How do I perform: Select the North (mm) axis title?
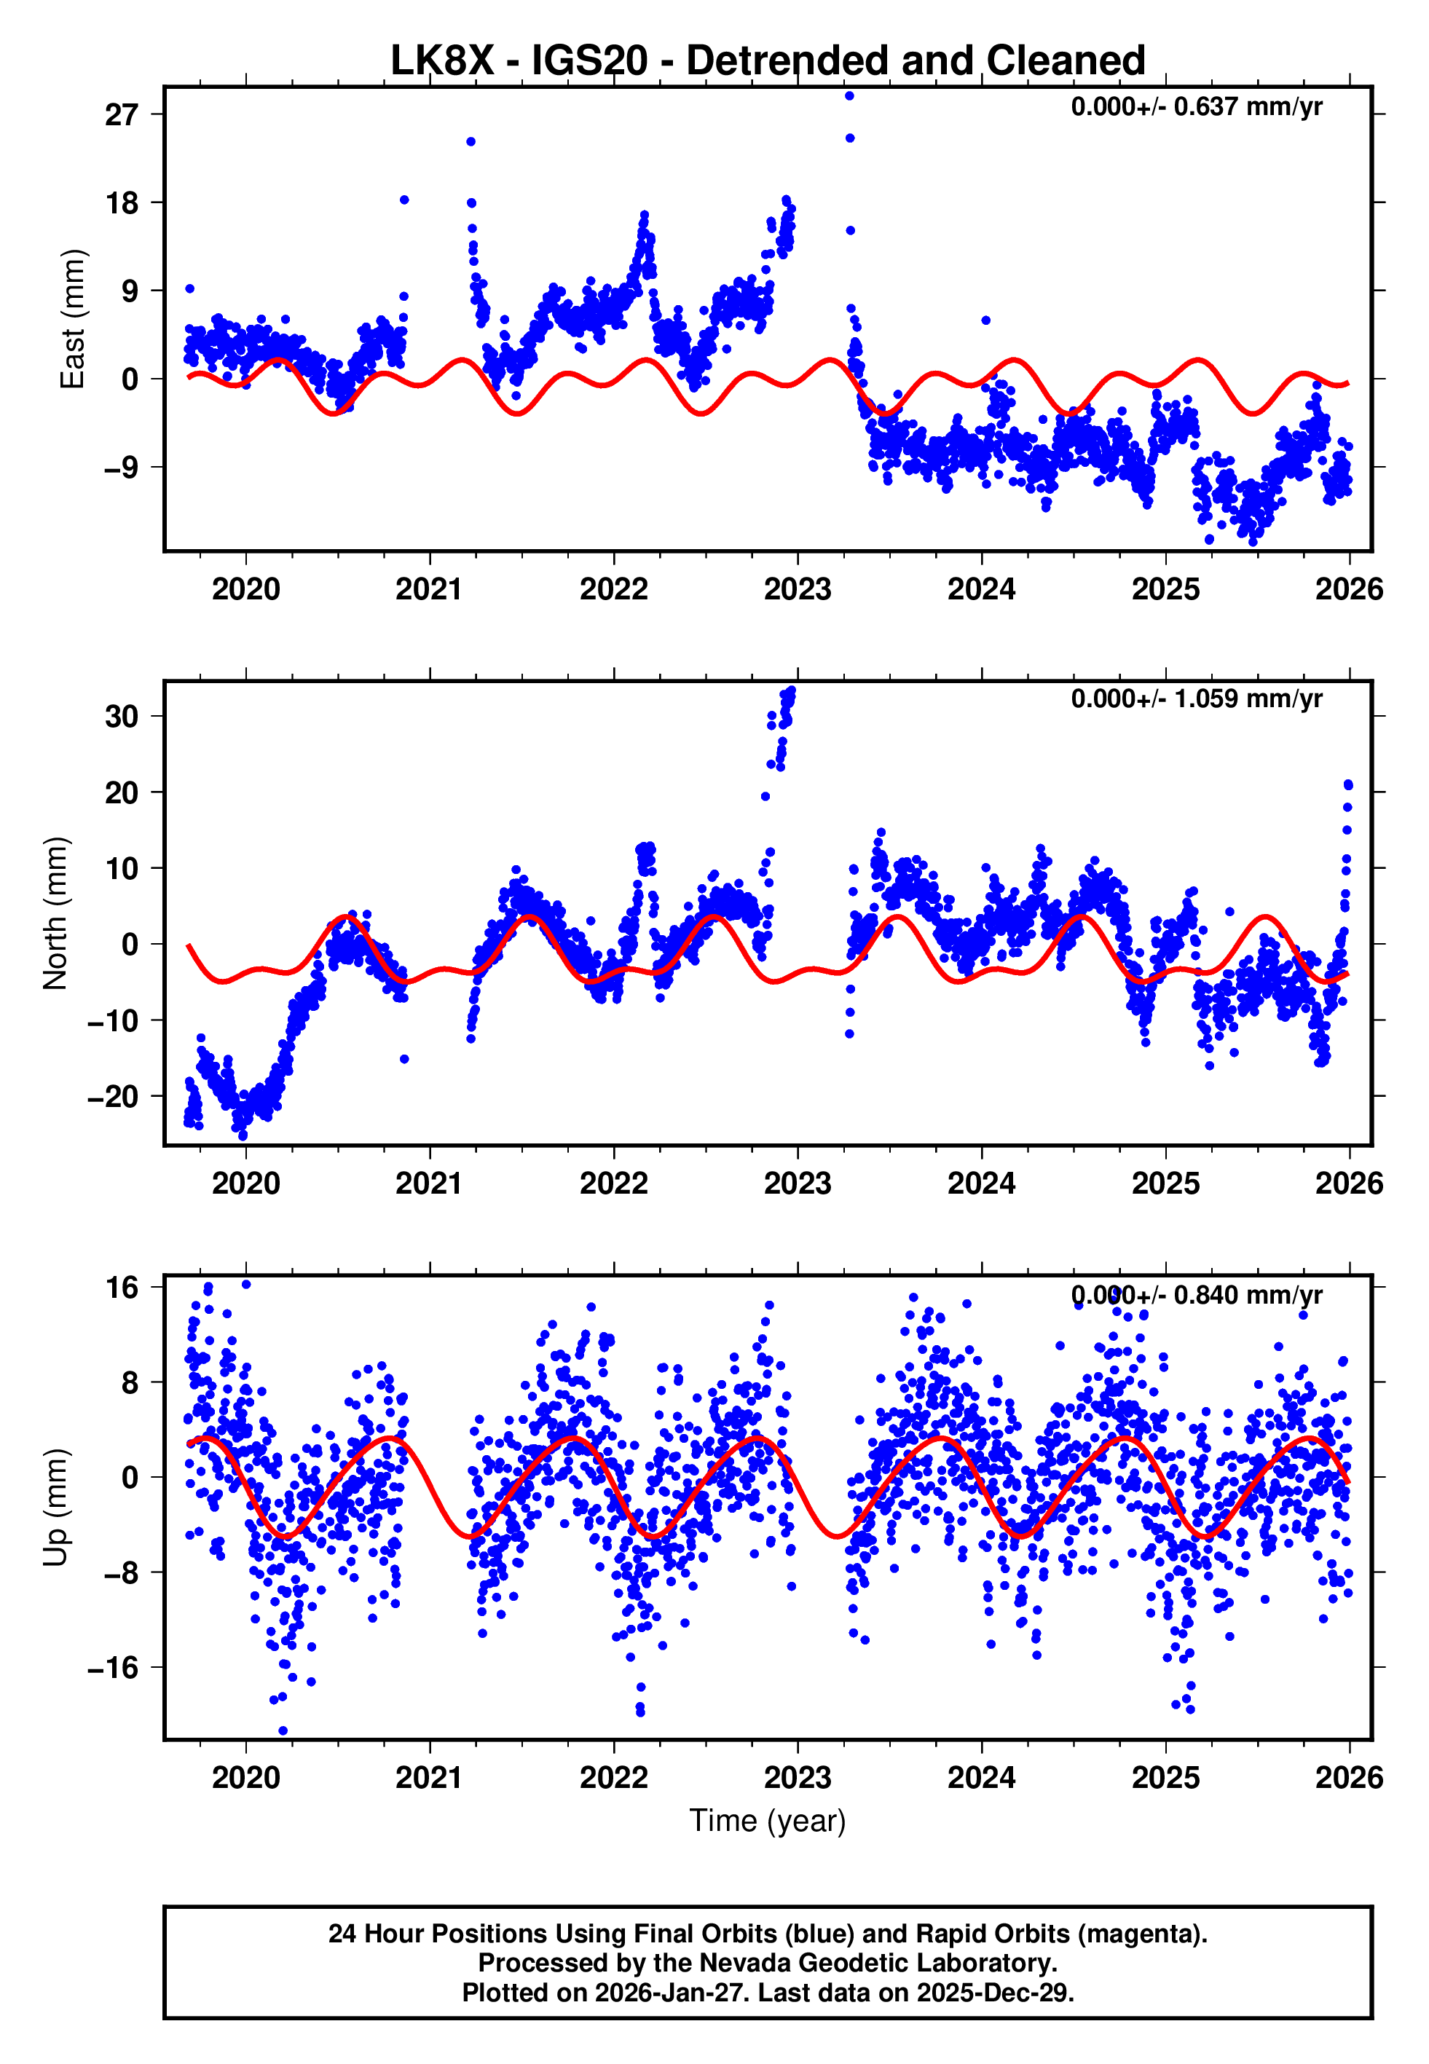pos(55,913)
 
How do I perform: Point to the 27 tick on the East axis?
pos(122,114)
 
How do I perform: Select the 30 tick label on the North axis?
pos(122,716)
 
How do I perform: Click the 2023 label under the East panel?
pos(797,590)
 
